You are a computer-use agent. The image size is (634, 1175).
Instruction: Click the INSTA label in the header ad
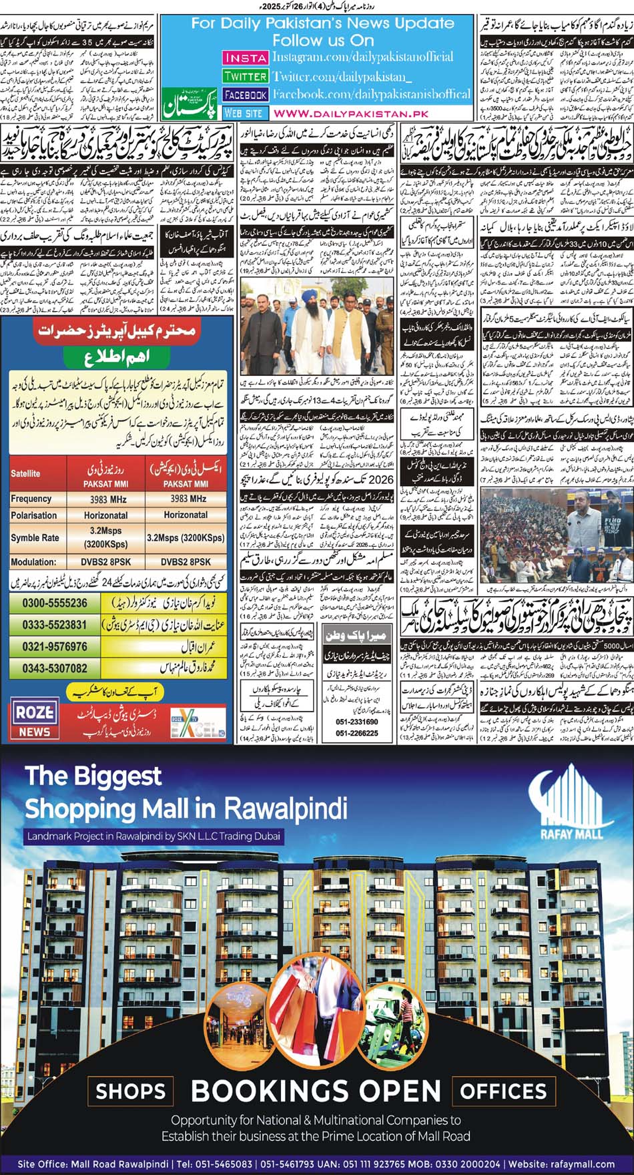point(245,58)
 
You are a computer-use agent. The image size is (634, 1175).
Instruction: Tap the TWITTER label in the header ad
point(245,77)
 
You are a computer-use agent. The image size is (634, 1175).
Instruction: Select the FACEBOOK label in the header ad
point(245,95)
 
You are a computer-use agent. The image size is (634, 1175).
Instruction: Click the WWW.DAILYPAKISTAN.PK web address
point(350,113)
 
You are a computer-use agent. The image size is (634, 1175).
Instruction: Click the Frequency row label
point(31,499)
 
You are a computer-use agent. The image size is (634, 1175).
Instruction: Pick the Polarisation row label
point(33,515)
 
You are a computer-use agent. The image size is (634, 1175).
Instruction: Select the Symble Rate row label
point(35,538)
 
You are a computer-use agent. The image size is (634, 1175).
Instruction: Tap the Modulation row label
point(33,562)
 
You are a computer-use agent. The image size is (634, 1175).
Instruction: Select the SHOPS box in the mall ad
point(130,1092)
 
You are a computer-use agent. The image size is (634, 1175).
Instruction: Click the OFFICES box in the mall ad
point(503,1092)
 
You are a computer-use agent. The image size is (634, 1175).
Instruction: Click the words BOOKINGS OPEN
point(316,1092)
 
